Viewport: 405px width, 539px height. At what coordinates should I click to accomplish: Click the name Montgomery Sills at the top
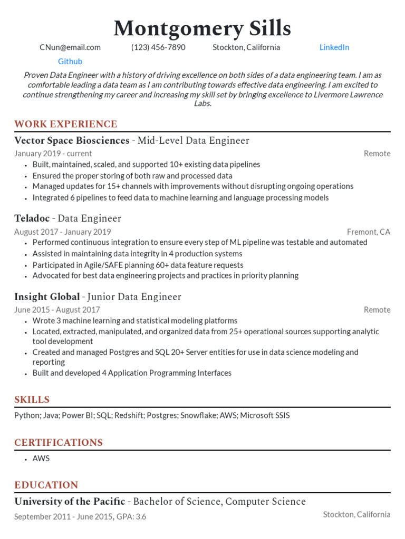(x=202, y=28)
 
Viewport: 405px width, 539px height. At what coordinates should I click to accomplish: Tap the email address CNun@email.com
(x=70, y=47)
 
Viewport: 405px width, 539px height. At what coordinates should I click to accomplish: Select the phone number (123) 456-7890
(x=158, y=47)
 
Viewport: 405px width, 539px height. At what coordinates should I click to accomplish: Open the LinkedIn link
(x=334, y=47)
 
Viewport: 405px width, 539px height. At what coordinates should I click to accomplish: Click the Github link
(x=70, y=62)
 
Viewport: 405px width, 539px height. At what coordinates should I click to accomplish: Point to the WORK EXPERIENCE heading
(x=66, y=125)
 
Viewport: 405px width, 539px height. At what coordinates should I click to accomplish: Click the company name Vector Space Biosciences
(x=72, y=141)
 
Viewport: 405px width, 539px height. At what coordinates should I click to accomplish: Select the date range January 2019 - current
(x=53, y=154)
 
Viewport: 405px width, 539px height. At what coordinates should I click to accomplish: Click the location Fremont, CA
(x=369, y=232)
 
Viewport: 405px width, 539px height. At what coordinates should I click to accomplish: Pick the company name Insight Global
(x=47, y=297)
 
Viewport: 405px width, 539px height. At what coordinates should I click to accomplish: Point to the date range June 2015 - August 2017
(x=57, y=310)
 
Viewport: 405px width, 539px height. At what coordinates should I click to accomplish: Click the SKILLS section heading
(x=32, y=400)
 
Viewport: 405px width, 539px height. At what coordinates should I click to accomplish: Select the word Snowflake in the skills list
(x=198, y=416)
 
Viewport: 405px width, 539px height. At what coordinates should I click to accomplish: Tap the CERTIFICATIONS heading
(x=59, y=443)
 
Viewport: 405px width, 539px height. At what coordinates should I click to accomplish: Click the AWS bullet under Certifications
(x=41, y=458)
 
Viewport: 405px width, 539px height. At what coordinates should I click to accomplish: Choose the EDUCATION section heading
(x=46, y=485)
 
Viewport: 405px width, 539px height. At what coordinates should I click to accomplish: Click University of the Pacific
(x=70, y=502)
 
